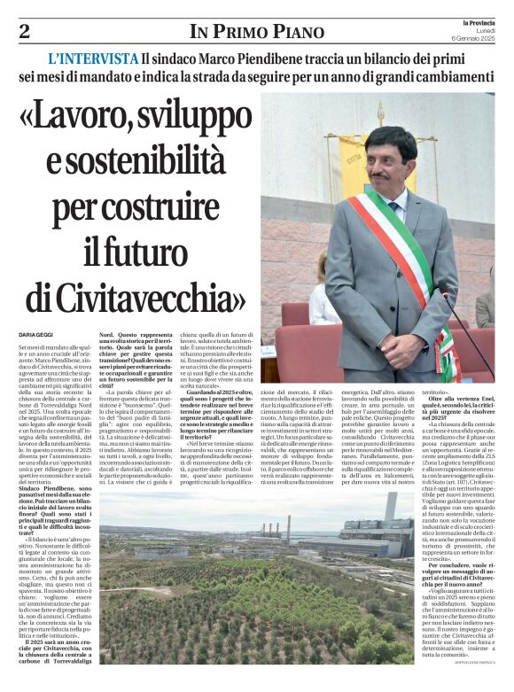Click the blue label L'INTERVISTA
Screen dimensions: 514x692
tap(93, 59)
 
